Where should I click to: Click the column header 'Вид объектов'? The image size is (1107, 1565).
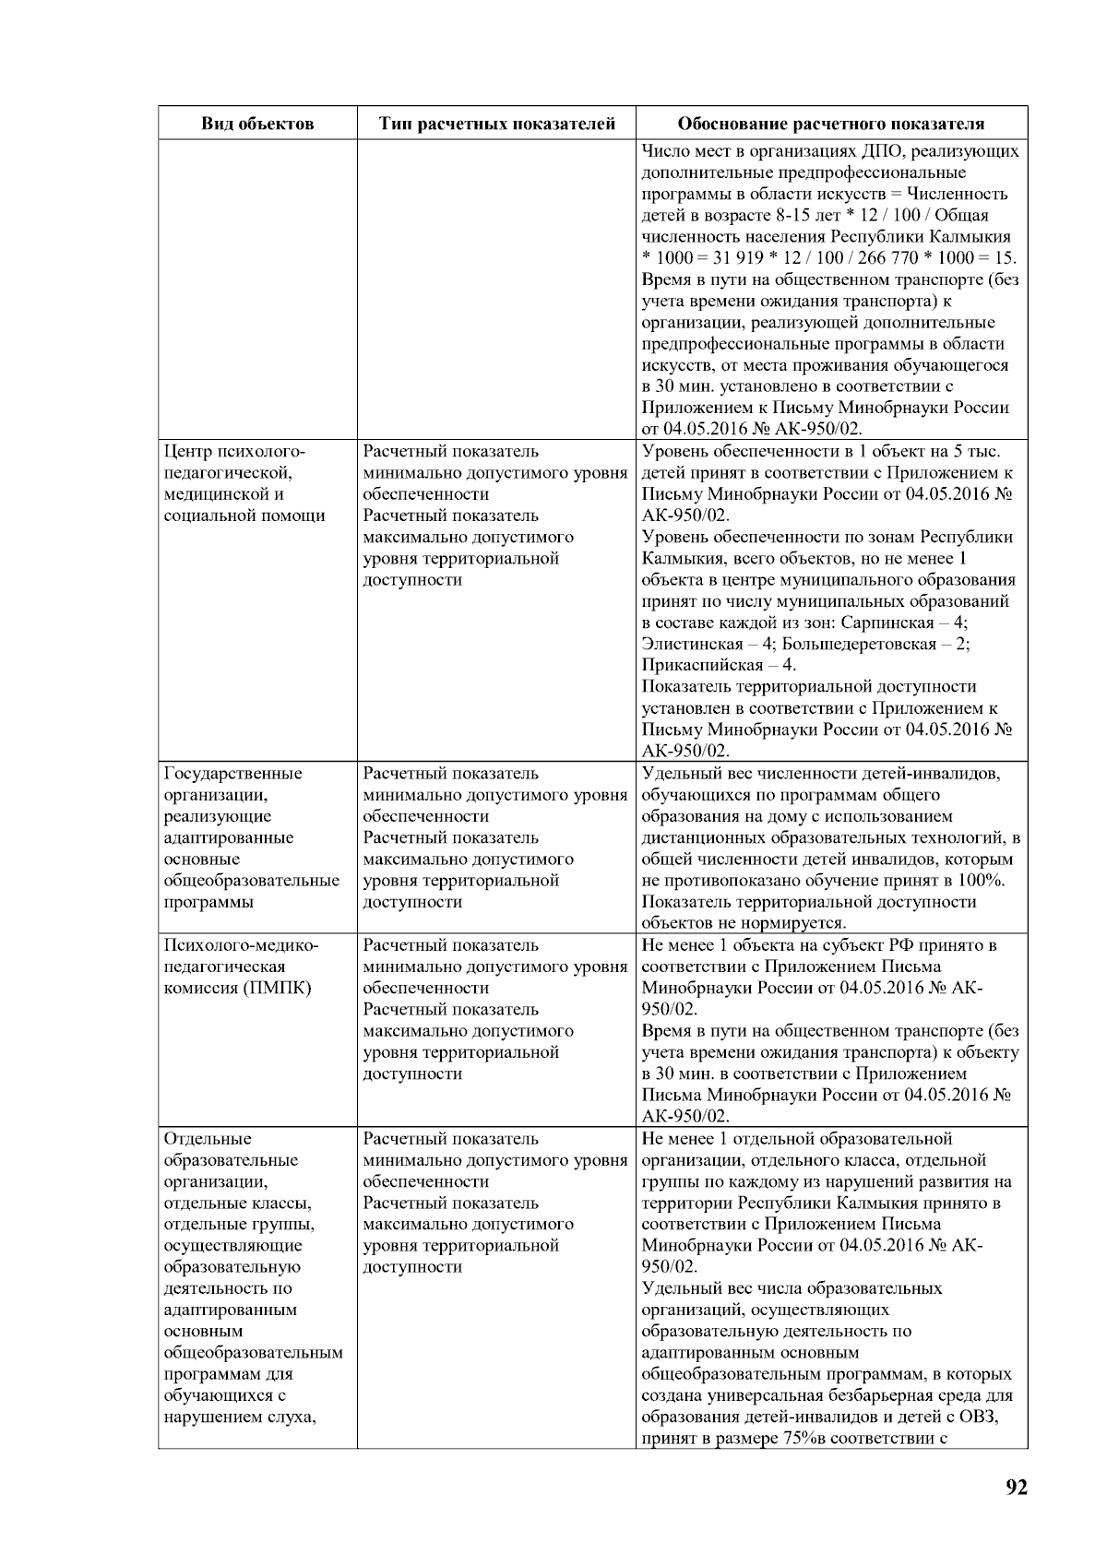pyautogui.click(x=257, y=124)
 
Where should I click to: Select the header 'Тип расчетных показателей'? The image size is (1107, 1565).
pyautogui.click(x=497, y=124)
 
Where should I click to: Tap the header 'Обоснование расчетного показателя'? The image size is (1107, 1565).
pyautogui.click(x=830, y=124)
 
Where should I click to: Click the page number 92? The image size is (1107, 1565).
pyautogui.click(x=1016, y=1487)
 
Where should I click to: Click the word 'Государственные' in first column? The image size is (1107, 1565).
pyautogui.click(x=232, y=773)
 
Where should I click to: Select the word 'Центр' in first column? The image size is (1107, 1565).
pyautogui.click(x=187, y=451)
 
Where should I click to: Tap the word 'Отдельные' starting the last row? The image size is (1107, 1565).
pyautogui.click(x=208, y=1138)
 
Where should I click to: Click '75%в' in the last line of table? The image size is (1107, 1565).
pyautogui.click(x=803, y=1438)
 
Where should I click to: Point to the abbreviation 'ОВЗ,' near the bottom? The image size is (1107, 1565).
pyautogui.click(x=980, y=1417)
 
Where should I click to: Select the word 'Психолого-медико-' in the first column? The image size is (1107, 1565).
pyautogui.click(x=241, y=945)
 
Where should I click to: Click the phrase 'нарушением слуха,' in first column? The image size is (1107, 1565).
pyautogui.click(x=241, y=1417)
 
